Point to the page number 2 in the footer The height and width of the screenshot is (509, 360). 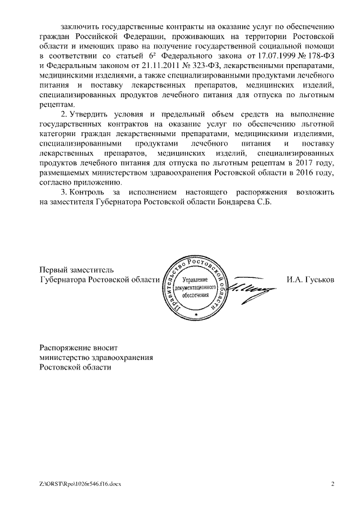332,484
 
